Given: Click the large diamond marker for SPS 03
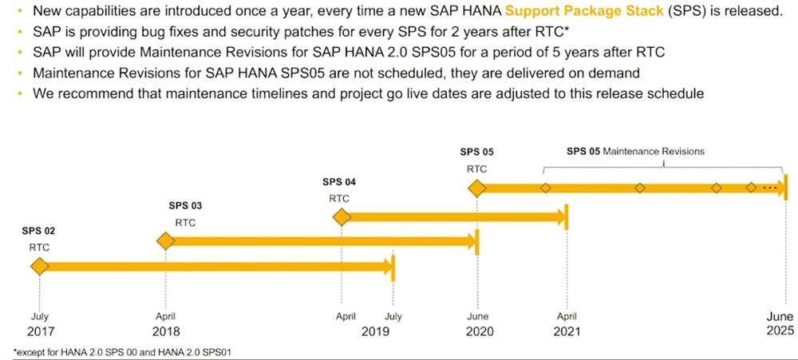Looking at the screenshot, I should [x=165, y=241].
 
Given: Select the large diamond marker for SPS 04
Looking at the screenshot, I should [x=342, y=216].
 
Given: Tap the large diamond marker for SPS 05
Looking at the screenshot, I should [x=477, y=188].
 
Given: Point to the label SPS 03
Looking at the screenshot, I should [x=185, y=206].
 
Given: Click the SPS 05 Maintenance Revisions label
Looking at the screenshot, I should [x=635, y=151].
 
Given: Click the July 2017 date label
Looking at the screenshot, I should [x=39, y=324].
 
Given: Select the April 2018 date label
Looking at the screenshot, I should [x=165, y=324].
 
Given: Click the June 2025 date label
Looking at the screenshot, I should [x=780, y=324].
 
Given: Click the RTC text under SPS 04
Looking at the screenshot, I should [x=339, y=198].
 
